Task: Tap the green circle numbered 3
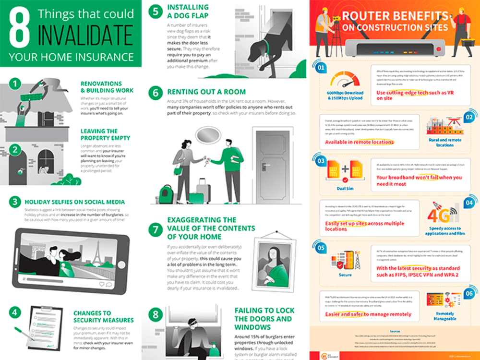coord(15,202)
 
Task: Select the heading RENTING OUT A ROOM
coord(206,92)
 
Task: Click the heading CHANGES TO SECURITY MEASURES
coord(103,317)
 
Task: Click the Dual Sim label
coord(345,189)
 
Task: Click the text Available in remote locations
coord(359,142)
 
